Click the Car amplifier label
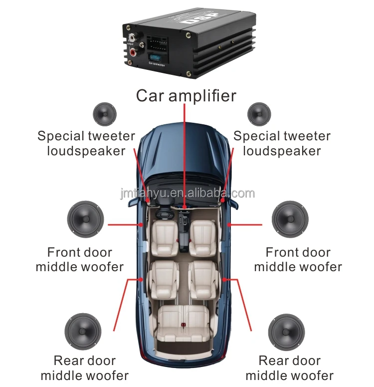coord(186,95)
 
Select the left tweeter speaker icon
coord(105,114)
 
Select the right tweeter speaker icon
coord(259,114)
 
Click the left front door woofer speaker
coord(85,219)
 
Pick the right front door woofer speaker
coord(290,219)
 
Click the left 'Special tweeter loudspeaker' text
coord(86,143)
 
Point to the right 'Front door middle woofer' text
coord(298,260)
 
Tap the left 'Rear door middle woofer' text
coord(85,368)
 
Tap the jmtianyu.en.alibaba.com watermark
coord(187,194)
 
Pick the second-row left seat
coord(163,278)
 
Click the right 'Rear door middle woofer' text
coord(289,368)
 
